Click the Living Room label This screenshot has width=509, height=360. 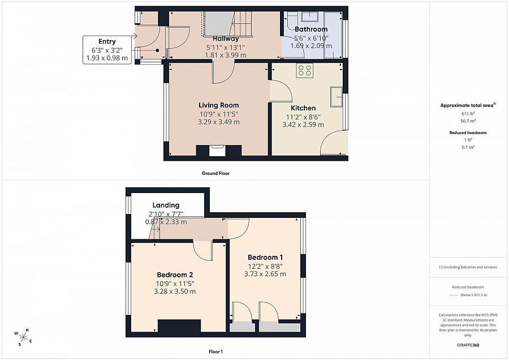point(218,105)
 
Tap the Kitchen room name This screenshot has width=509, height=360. point(303,108)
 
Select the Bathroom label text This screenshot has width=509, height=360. point(311,29)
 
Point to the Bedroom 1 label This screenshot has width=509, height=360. point(265,258)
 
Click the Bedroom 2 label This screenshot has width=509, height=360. point(175,275)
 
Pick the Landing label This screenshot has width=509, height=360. point(166,205)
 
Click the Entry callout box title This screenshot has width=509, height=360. point(107,41)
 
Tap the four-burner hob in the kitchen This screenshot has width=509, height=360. point(305,71)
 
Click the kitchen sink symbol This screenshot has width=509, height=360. point(337,96)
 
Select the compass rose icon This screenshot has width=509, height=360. point(23,337)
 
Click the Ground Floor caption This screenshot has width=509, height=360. point(215,173)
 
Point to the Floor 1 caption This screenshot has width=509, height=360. point(215,352)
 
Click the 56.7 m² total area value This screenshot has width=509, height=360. point(468,121)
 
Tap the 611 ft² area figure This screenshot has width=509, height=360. point(468,113)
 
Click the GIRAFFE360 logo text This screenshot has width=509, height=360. point(468,345)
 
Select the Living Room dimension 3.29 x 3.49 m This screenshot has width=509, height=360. point(218,122)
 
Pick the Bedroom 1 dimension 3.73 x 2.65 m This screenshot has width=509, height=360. point(265,274)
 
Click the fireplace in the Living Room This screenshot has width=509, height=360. point(219,151)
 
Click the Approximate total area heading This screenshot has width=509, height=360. point(468,105)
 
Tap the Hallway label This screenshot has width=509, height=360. point(226,38)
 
